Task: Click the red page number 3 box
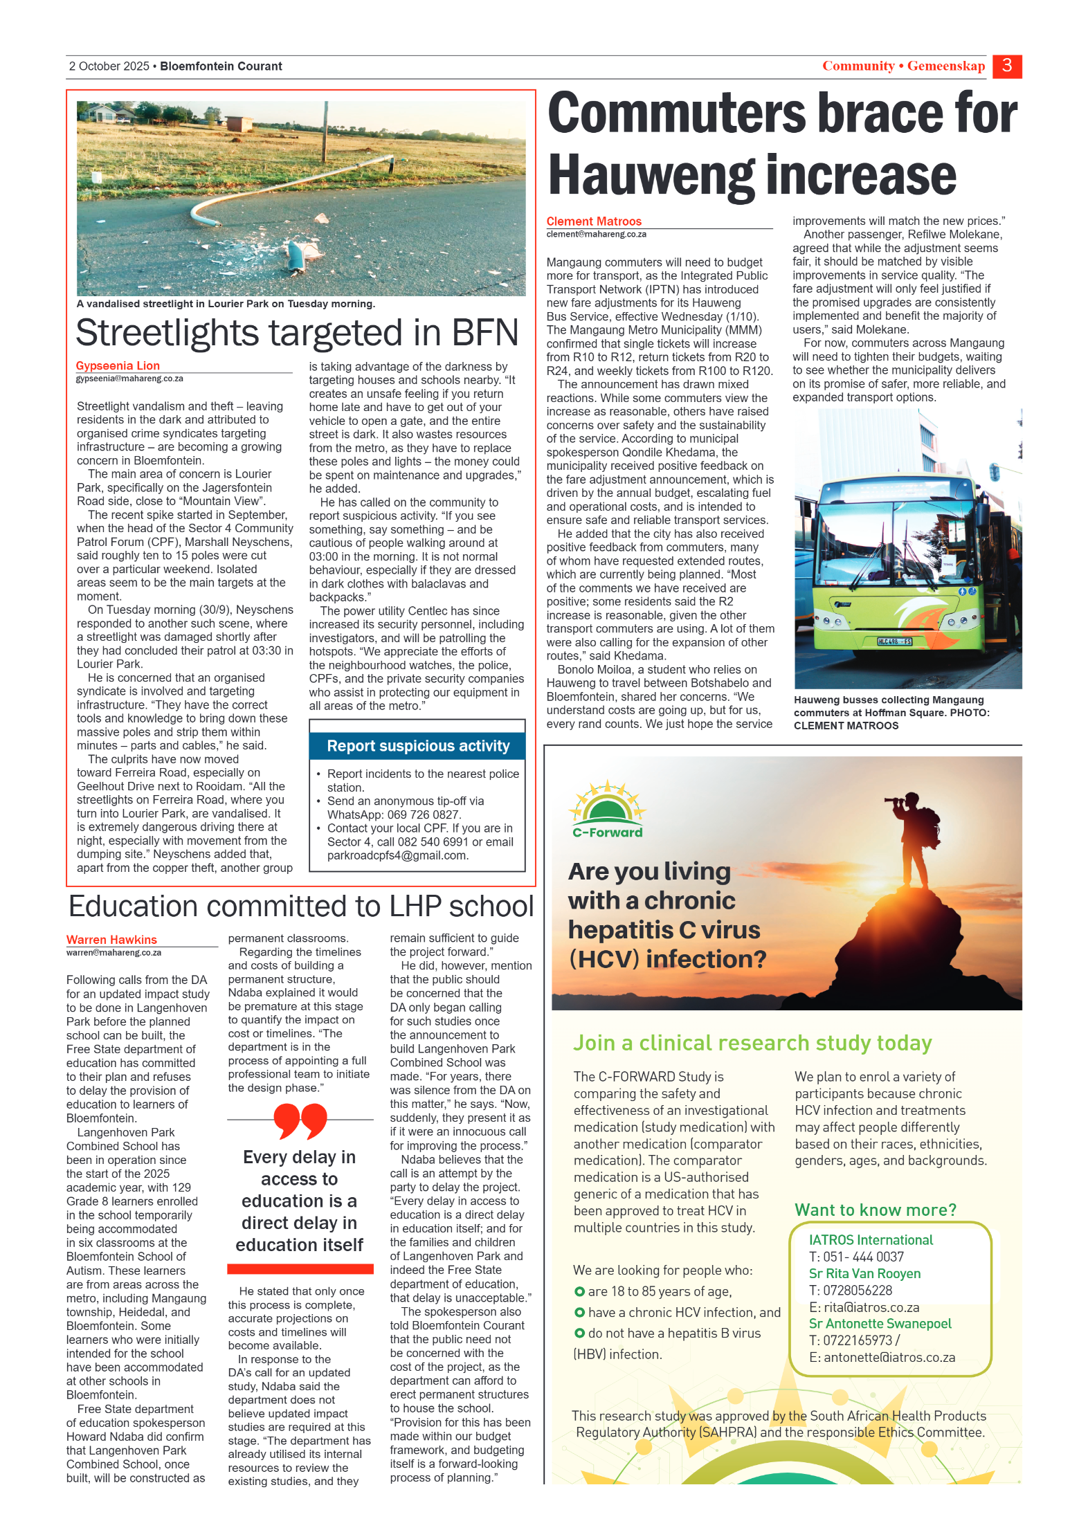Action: click(x=1006, y=66)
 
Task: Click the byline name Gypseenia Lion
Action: click(x=118, y=365)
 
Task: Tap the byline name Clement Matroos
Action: click(x=594, y=221)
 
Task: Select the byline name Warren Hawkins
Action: click(x=111, y=940)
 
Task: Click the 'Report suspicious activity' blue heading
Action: click(x=418, y=746)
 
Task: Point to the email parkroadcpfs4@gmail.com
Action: click(x=397, y=855)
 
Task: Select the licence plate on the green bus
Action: click(x=895, y=641)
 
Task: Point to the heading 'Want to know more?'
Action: click(x=876, y=1210)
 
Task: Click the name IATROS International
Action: click(x=871, y=1240)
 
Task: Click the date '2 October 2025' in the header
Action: click(x=109, y=66)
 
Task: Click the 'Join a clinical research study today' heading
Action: click(x=752, y=1043)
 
